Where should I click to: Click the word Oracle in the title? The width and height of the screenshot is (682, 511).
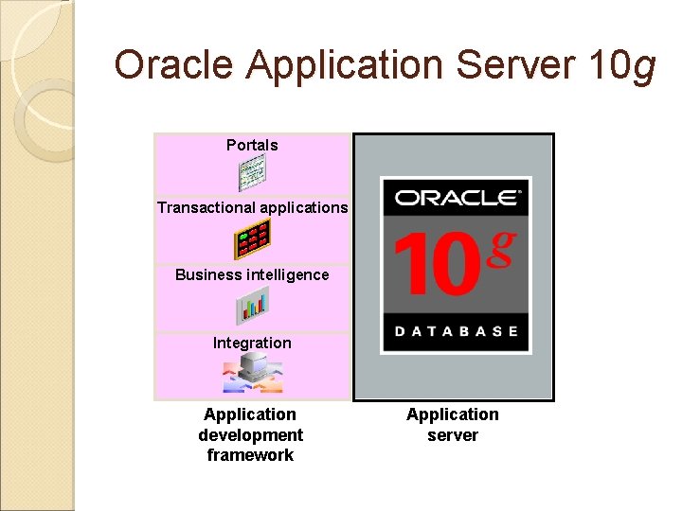coord(174,65)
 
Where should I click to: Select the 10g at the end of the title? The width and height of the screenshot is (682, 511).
coord(621,65)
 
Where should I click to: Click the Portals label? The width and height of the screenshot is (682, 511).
coord(252,145)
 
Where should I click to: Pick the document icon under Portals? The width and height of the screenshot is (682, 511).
coord(252,173)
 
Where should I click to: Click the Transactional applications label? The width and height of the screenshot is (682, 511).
coord(252,207)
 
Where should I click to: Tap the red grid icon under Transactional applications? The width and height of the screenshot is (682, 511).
coord(252,239)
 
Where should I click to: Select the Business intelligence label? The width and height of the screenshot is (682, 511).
coord(252,275)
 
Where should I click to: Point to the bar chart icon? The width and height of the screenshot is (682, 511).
coord(252,306)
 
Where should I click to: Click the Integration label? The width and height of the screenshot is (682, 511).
coord(252,343)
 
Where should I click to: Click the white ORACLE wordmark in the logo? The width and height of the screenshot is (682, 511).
coord(456,198)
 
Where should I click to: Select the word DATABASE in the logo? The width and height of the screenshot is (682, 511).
coord(456,331)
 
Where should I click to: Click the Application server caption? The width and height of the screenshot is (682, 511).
coord(453,425)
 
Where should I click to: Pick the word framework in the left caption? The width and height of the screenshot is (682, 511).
coord(250,455)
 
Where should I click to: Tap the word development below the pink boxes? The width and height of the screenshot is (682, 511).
coord(250,435)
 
